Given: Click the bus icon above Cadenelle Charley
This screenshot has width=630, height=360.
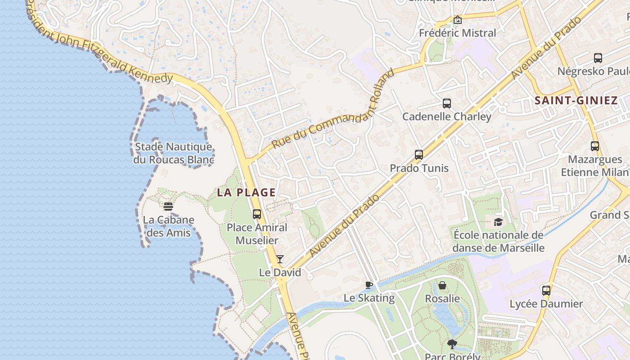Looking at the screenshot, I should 446,103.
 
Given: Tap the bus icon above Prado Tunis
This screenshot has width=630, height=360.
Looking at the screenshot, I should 419,155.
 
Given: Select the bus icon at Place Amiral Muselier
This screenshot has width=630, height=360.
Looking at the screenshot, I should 257,214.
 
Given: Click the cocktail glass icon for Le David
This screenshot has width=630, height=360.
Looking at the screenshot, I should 279,259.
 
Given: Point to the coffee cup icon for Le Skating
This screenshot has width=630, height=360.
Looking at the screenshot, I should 369,284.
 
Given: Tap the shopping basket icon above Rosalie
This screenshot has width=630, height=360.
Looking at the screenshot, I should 442,285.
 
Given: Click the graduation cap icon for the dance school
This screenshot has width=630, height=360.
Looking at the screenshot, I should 498,222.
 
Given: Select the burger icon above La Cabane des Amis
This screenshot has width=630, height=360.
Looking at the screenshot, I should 168,207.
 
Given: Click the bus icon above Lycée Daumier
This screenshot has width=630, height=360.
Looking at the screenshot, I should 546,290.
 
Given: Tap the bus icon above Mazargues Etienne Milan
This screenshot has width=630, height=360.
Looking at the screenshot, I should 595,146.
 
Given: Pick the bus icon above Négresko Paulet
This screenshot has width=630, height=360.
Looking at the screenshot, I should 598,58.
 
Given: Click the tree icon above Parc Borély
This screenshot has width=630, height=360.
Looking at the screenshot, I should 452,344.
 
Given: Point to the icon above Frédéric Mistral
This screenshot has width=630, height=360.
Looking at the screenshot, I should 458,20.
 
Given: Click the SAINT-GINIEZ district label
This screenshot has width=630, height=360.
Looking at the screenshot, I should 576,100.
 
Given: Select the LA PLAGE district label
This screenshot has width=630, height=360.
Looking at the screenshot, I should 246,193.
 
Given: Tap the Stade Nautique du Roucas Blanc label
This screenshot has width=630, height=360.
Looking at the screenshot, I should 173,153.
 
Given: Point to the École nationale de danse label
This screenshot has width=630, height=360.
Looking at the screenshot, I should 498,242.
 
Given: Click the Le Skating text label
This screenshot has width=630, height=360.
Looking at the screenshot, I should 369,298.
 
